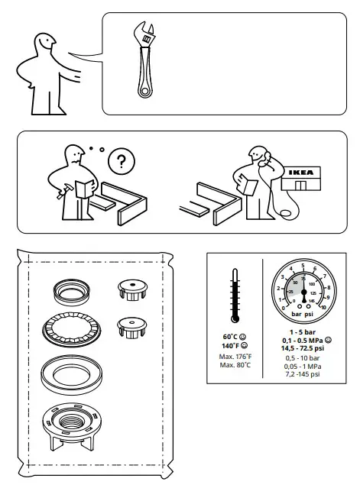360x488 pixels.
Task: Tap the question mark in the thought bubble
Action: (x=118, y=161)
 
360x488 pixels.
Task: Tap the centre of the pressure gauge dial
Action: (x=303, y=292)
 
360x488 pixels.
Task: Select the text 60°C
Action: (x=230, y=337)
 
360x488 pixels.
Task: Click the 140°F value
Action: (x=231, y=345)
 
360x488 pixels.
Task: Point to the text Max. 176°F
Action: (x=235, y=356)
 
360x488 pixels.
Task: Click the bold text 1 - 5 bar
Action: (x=303, y=332)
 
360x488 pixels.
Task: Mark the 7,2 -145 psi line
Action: (x=303, y=374)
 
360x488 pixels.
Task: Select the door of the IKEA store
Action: (x=303, y=186)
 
